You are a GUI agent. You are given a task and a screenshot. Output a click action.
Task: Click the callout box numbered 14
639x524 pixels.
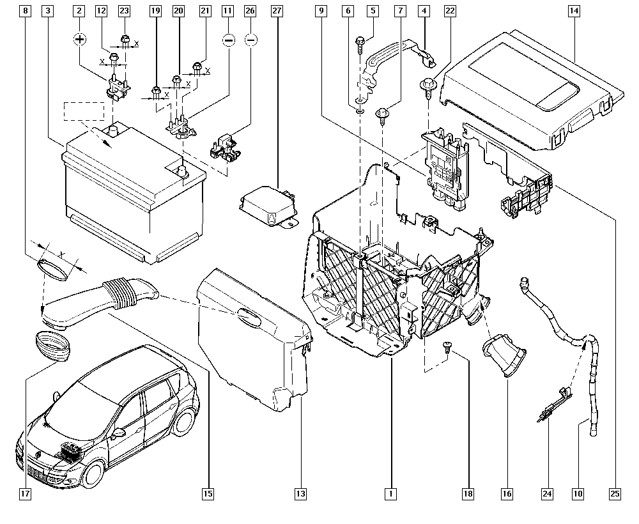point(574,11)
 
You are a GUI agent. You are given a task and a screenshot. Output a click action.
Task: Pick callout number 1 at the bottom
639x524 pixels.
point(390,493)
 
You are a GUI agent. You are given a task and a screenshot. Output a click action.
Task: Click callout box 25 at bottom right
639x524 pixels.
point(615,493)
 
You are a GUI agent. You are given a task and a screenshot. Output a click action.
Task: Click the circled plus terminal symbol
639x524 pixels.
point(79,40)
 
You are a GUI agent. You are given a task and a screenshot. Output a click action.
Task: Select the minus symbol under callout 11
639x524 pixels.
point(228,40)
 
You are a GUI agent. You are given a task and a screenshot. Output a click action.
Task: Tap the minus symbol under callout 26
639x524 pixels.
point(251,40)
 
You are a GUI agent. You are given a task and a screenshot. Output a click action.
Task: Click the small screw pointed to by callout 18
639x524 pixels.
point(447,346)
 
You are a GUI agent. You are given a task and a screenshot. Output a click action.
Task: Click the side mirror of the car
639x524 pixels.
point(118,432)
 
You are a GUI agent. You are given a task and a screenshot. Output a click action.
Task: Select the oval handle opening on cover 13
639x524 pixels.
point(248,316)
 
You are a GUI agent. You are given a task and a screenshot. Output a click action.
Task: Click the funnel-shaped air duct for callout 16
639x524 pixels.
point(504,358)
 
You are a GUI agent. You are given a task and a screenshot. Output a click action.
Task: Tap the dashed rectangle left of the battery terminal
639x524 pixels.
point(84,111)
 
